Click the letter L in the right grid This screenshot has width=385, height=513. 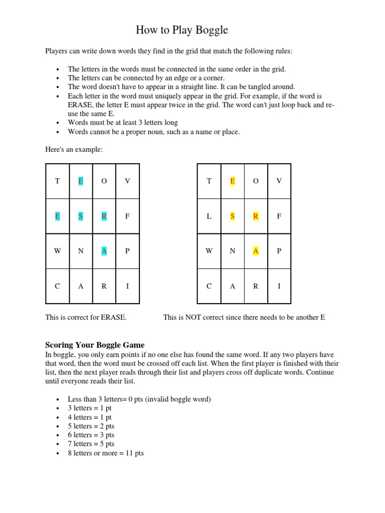tap(209, 216)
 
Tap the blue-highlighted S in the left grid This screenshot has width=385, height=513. tap(81, 216)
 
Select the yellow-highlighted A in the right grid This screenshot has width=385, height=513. tap(256, 251)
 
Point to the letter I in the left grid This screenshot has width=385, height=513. tap(127, 287)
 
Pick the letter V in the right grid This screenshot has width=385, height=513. tap(279, 181)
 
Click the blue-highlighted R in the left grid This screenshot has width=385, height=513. tap(104, 216)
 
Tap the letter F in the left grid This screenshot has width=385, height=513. tap(127, 216)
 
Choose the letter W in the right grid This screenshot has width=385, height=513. tap(209, 251)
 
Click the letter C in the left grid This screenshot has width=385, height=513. tap(57, 287)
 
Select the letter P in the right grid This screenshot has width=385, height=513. tap(279, 251)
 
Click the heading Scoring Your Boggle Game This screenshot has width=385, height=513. tap(95, 345)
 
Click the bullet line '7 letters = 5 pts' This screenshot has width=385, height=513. tap(91, 444)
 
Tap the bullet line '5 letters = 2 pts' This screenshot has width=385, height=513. tap(91, 426)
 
